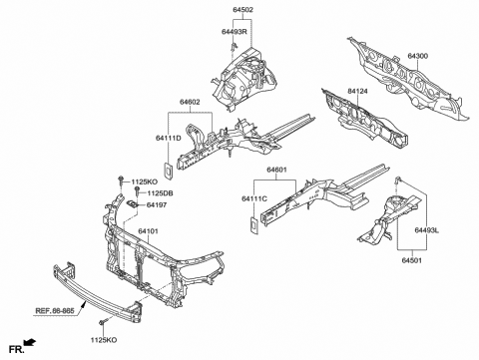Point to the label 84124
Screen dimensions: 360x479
coord(360,91)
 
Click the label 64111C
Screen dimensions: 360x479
coord(254,198)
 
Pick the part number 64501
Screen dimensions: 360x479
coord(416,261)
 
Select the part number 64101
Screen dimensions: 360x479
coord(151,230)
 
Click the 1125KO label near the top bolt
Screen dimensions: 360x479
coord(145,180)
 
